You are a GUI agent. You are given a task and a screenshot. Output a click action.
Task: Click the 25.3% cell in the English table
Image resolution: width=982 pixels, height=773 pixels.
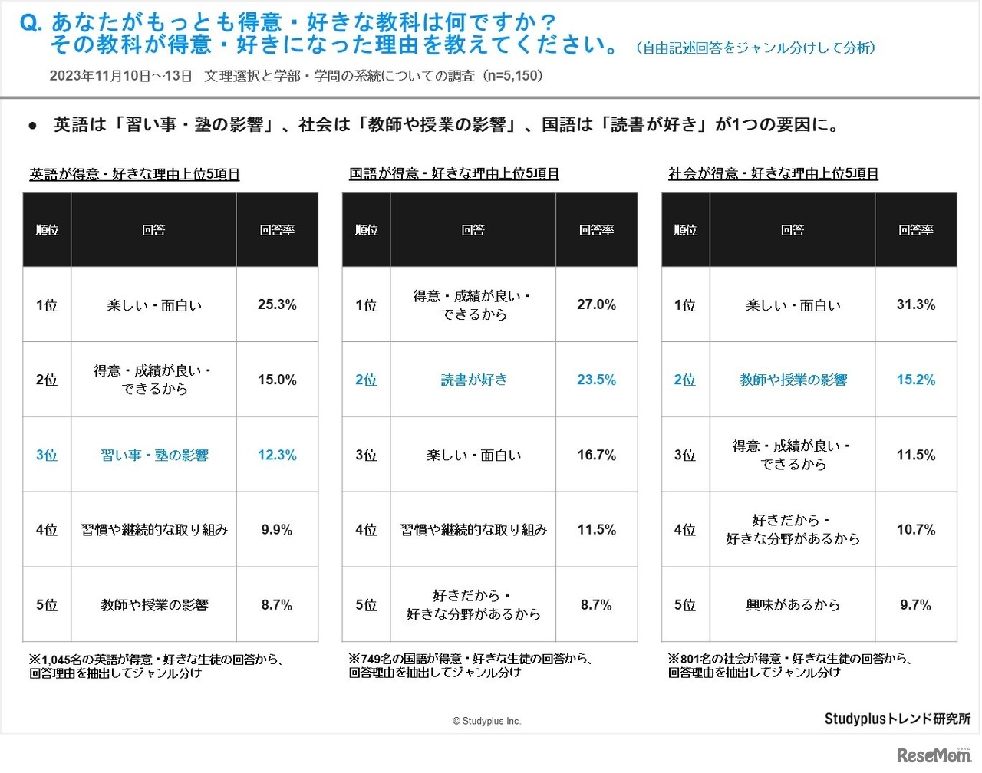(277, 304)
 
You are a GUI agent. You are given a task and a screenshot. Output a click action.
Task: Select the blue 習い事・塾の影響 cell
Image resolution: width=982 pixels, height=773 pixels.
(154, 455)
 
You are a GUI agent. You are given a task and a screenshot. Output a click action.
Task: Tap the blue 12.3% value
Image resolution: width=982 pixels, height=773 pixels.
(277, 455)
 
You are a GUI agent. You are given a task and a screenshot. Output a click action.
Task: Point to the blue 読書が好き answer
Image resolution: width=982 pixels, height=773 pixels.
(473, 380)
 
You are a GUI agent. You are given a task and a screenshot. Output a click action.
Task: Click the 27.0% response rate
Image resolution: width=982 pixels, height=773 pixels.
(596, 304)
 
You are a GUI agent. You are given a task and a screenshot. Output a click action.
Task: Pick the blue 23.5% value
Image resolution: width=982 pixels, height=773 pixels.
(596, 380)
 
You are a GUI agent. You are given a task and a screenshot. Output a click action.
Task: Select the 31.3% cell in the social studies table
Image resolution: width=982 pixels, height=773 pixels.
(915, 304)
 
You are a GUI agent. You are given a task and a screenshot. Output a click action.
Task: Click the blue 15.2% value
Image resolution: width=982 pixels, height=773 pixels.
(915, 380)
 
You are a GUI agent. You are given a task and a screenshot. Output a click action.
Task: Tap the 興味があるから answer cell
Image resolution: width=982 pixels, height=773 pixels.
(793, 605)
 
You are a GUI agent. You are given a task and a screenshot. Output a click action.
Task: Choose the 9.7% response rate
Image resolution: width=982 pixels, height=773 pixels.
(915, 605)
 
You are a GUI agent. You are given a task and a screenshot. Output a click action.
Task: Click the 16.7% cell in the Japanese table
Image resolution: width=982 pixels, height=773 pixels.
(596, 455)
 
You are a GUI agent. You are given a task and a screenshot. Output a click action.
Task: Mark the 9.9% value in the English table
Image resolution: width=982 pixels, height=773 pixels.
(277, 530)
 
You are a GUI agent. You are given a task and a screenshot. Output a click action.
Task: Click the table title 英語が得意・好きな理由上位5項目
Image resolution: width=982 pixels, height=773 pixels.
(134, 174)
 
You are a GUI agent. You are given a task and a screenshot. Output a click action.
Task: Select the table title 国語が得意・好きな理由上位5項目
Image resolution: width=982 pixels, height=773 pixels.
(453, 174)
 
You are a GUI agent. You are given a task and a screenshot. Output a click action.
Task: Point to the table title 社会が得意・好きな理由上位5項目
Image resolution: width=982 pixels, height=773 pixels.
(773, 174)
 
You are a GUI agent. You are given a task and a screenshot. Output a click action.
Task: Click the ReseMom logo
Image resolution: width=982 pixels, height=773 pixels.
(933, 755)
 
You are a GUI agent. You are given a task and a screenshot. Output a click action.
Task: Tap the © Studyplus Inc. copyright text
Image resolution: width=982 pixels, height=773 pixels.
(486, 721)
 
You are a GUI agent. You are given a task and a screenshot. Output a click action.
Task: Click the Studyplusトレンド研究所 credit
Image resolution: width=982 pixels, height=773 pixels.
(897, 719)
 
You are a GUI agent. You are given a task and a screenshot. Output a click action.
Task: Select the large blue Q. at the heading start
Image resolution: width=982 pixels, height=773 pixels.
(31, 23)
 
